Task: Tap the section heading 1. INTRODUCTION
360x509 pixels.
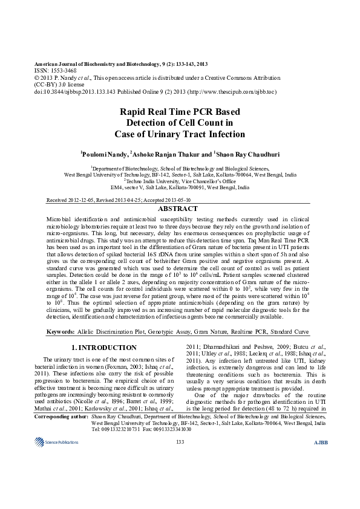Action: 104,348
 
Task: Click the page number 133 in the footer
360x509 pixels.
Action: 180,443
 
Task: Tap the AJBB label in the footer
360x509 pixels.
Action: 320,443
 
